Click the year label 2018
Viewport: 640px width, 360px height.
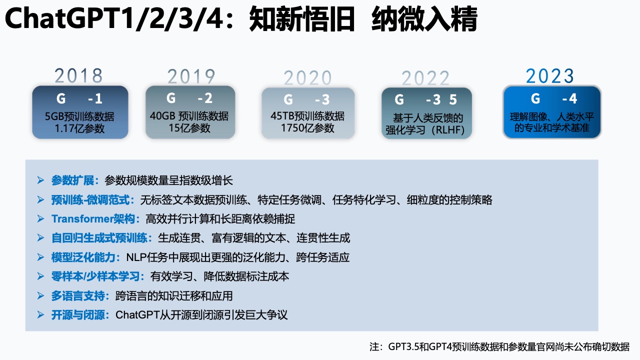click(x=78, y=75)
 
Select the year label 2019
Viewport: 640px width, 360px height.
click(x=191, y=76)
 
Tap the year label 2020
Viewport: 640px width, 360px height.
click(x=307, y=77)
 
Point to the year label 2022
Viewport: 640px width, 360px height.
click(x=425, y=78)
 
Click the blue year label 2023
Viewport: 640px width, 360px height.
click(x=550, y=76)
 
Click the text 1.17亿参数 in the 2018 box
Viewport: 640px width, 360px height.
click(x=79, y=128)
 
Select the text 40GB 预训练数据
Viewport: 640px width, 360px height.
click(x=189, y=116)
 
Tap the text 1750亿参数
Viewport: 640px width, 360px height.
click(x=307, y=128)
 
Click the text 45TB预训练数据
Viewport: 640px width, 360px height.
click(x=307, y=116)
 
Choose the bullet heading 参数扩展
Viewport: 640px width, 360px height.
click(x=72, y=180)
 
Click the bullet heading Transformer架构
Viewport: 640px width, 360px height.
click(x=93, y=219)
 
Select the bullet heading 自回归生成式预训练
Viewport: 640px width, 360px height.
click(x=99, y=238)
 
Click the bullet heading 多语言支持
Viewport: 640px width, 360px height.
click(x=78, y=295)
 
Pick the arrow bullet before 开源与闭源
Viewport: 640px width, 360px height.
click(x=40, y=315)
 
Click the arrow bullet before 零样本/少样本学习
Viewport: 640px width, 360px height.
click(x=40, y=276)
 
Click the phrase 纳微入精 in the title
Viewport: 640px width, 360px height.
click(x=424, y=19)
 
